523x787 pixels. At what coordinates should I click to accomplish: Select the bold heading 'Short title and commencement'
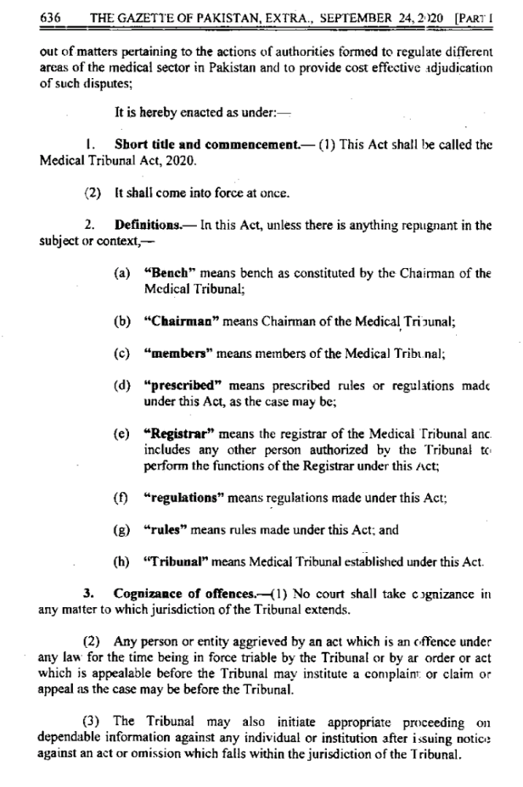[206, 144]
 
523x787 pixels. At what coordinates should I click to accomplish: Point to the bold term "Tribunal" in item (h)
[176, 561]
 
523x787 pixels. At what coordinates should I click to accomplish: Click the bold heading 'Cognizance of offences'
[174, 593]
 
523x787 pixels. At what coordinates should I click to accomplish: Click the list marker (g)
[122, 530]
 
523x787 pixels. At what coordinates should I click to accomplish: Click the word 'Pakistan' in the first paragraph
[253, 68]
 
